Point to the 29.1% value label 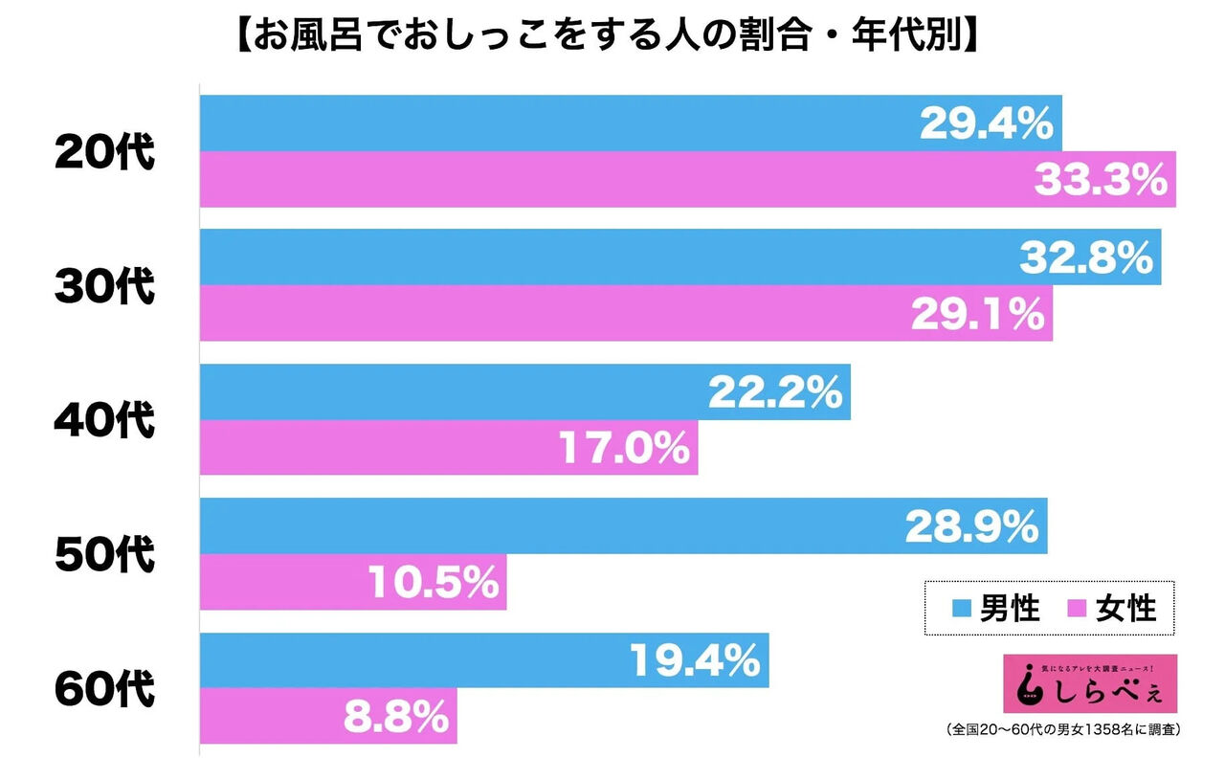[977, 313]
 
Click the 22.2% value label [775, 391]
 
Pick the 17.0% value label [623, 447]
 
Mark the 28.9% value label [972, 525]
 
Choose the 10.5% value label [433, 581]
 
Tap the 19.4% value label [695, 659]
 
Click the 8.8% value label [395, 715]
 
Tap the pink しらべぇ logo [1089, 681]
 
